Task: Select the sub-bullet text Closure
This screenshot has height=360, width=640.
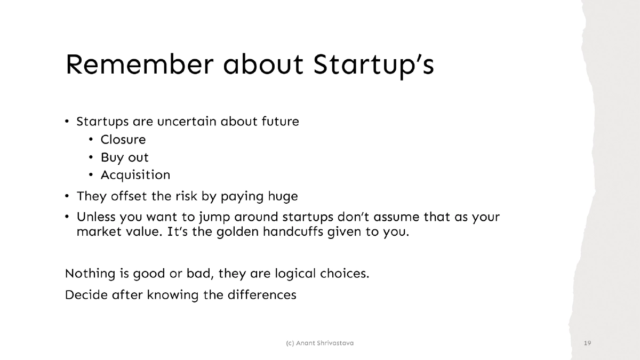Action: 123,140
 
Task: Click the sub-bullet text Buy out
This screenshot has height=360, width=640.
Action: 125,158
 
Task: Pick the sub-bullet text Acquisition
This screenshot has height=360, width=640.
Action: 135,175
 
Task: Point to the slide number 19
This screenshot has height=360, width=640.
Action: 588,342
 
